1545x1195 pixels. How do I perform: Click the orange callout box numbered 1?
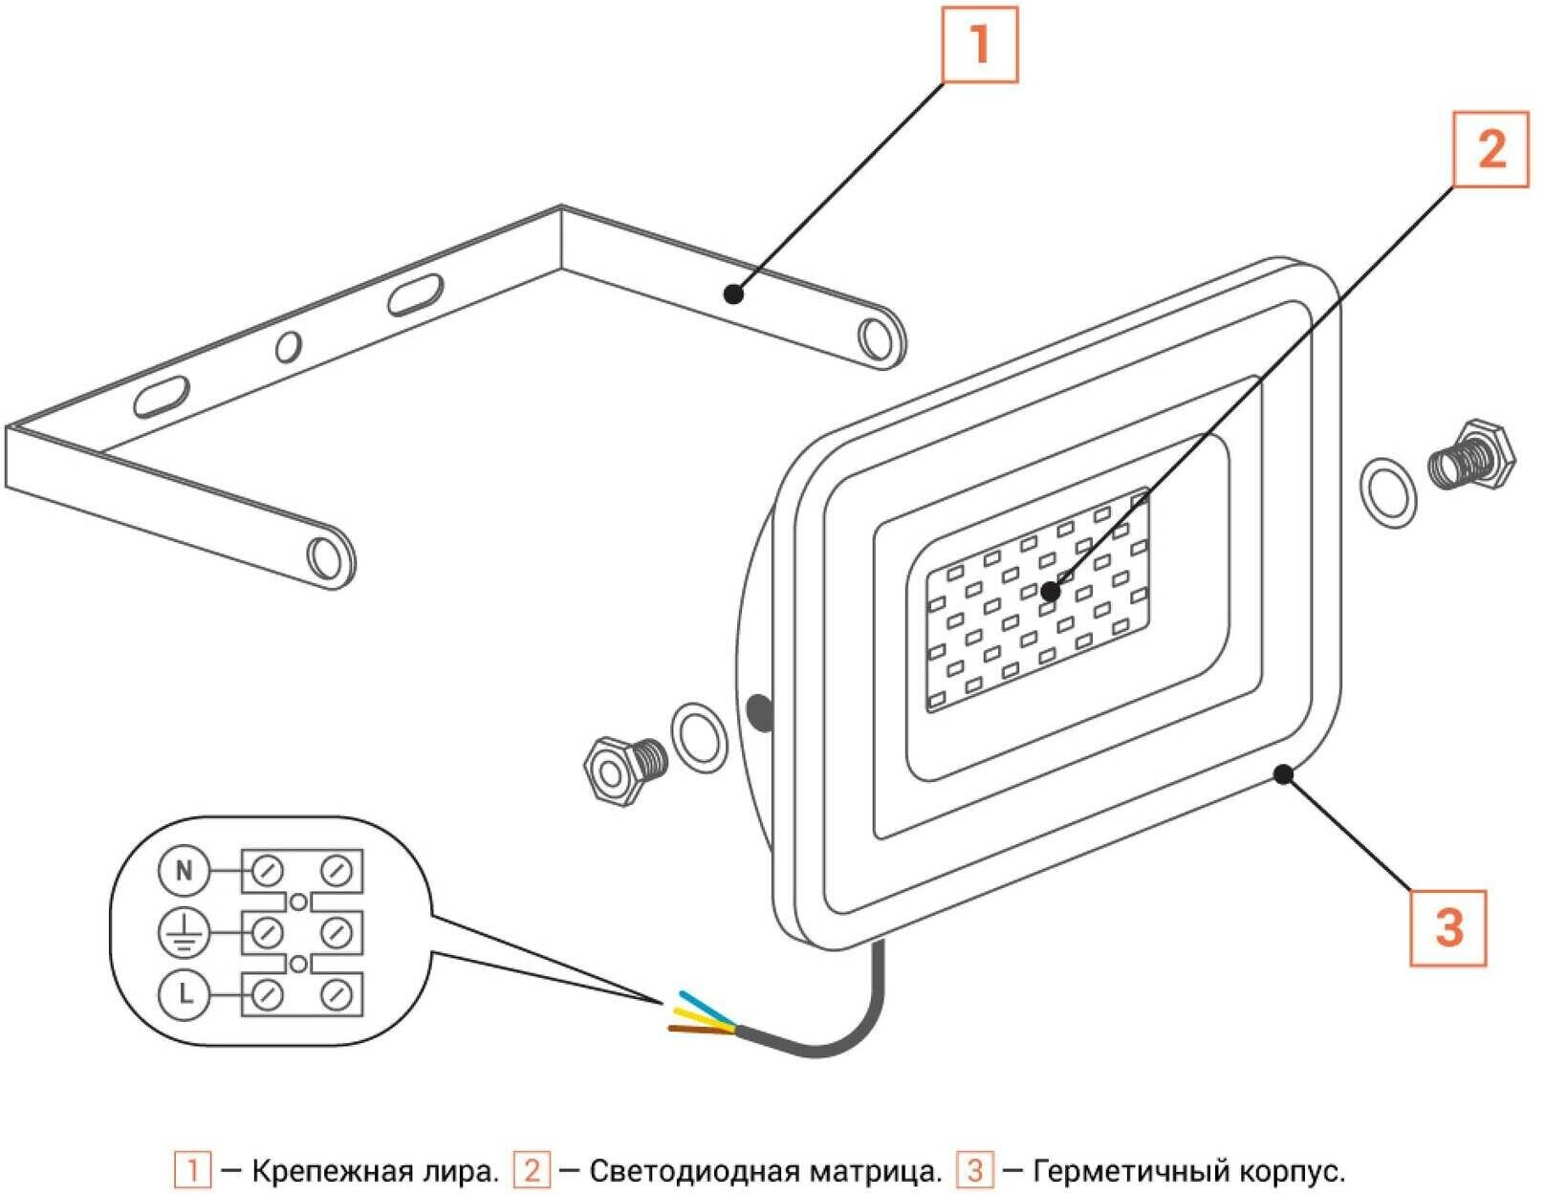pos(979,45)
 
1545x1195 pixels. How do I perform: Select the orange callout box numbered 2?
pos(1491,149)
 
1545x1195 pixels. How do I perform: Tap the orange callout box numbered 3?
pos(1448,927)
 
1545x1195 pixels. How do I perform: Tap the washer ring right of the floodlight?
pos(1387,492)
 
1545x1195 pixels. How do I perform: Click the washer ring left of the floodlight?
pos(699,738)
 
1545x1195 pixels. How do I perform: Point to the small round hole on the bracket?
pos(288,345)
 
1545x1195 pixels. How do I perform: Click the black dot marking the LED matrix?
pos(1051,592)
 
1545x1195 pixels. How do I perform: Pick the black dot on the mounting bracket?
pos(733,293)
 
